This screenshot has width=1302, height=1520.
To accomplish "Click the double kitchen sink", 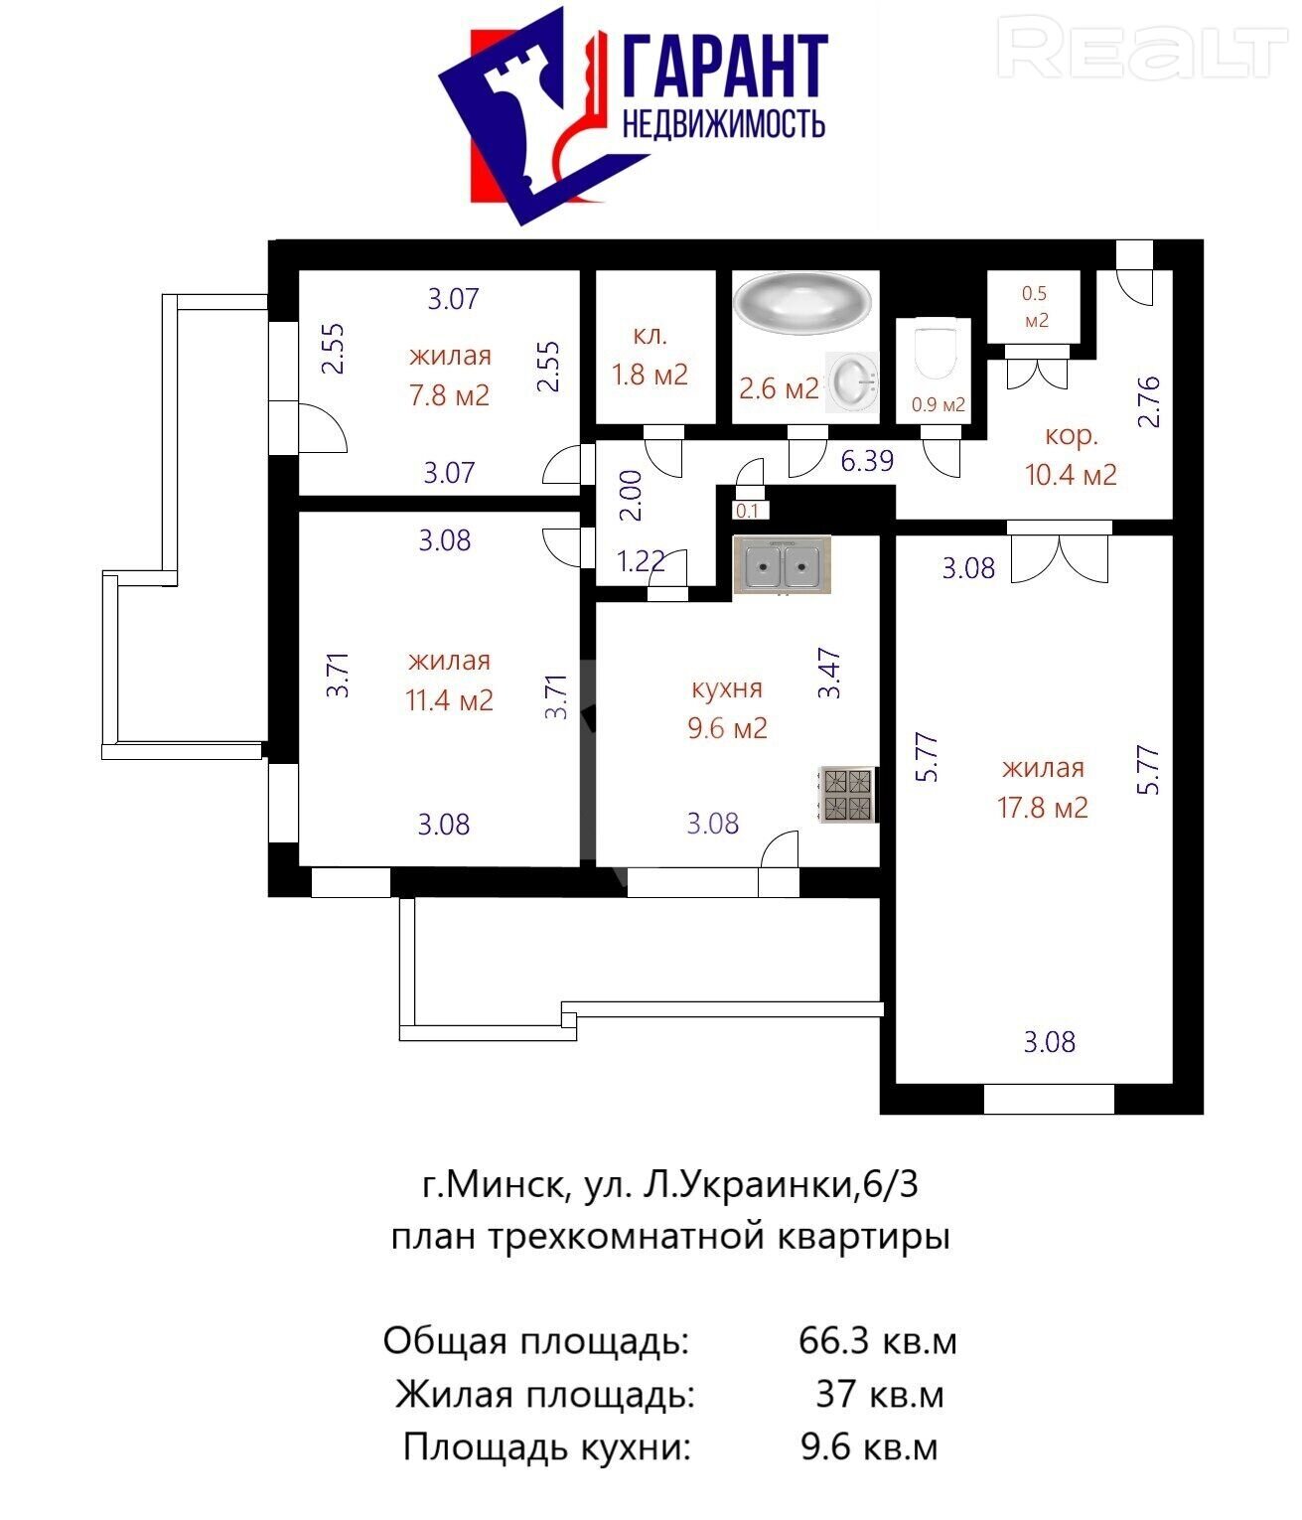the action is click(x=783, y=564).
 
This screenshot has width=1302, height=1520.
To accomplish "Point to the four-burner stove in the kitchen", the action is click(x=848, y=794).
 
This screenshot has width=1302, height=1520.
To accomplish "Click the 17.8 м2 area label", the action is click(x=1043, y=808).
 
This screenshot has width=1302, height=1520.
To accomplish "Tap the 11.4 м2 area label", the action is click(x=449, y=700).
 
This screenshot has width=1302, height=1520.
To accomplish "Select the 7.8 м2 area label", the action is click(x=449, y=395).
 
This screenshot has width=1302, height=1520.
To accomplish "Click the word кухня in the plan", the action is click(x=727, y=689).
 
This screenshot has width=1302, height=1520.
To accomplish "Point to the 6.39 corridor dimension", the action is click(x=868, y=461).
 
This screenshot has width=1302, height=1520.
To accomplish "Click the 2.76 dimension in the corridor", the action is click(x=1148, y=401).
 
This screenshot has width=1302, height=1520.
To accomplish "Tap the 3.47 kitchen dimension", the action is click(x=829, y=673).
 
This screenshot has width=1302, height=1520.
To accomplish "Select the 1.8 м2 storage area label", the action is click(x=650, y=376).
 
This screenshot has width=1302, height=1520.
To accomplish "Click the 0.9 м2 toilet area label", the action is click(x=939, y=404).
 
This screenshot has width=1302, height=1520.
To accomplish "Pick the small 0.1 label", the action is click(x=747, y=511).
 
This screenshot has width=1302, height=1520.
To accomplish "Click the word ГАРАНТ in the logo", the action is click(x=726, y=66).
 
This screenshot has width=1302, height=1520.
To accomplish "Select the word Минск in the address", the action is click(x=506, y=1186).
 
